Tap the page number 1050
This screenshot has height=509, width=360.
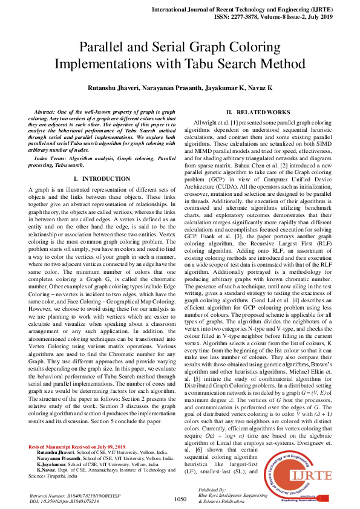[x=180, y=499]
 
